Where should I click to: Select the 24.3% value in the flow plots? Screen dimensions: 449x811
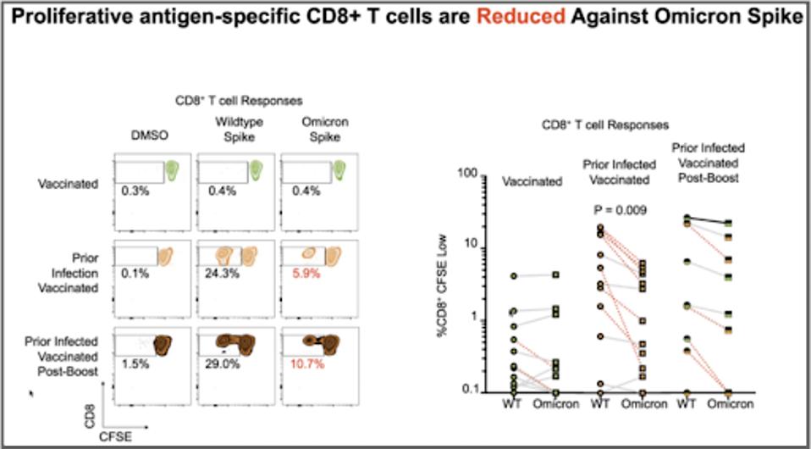point(219,274)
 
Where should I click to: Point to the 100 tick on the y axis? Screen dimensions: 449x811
point(468,174)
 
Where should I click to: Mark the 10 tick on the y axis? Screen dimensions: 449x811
point(472,247)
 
